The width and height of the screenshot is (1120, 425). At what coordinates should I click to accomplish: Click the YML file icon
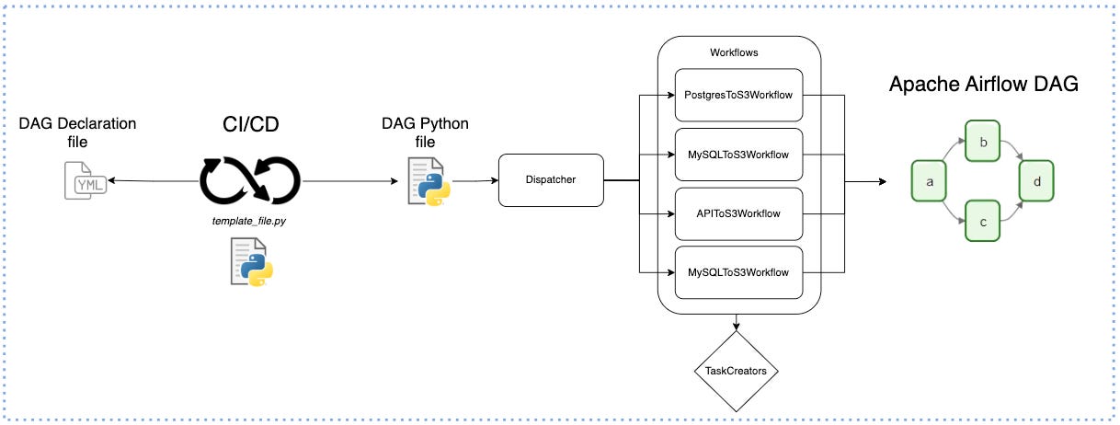coord(86,180)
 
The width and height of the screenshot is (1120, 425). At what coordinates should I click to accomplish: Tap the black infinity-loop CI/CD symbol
coord(250,180)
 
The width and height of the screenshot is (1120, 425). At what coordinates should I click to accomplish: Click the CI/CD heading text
coord(250,124)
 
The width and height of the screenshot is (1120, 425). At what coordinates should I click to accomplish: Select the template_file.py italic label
coord(249,221)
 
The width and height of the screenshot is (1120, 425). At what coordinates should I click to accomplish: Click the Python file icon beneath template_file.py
coord(252,261)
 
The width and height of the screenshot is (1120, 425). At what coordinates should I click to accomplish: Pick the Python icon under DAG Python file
coord(429,181)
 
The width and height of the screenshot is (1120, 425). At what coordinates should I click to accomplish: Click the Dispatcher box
coord(551,180)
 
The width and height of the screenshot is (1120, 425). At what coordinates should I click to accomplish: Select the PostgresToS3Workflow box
coord(738,95)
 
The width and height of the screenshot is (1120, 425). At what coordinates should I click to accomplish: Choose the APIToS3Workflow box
coord(738,214)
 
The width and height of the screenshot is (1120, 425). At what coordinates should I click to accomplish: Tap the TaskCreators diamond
coord(736,371)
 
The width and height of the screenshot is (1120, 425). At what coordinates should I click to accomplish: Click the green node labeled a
coord(929,181)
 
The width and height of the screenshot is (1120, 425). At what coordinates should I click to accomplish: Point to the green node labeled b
coord(982,141)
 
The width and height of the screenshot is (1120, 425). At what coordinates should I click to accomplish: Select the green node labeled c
coord(982,221)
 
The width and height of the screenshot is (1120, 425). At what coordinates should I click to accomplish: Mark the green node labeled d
coord(1036,181)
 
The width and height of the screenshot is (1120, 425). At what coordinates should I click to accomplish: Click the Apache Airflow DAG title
coord(984,84)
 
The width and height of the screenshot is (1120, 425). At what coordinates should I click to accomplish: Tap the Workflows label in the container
coord(734,52)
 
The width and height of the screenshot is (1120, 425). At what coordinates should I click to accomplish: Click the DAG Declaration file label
coord(77,132)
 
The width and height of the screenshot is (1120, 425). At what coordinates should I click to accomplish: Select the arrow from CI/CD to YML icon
coord(154,180)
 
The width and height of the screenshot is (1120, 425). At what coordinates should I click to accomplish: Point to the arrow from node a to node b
coord(952,148)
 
